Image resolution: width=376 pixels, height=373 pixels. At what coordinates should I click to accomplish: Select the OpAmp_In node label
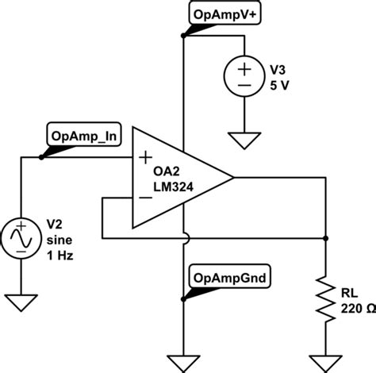(84, 136)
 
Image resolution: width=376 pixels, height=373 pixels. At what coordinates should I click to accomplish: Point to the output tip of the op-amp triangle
(233, 179)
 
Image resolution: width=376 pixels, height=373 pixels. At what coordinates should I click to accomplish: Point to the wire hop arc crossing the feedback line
(184, 236)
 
